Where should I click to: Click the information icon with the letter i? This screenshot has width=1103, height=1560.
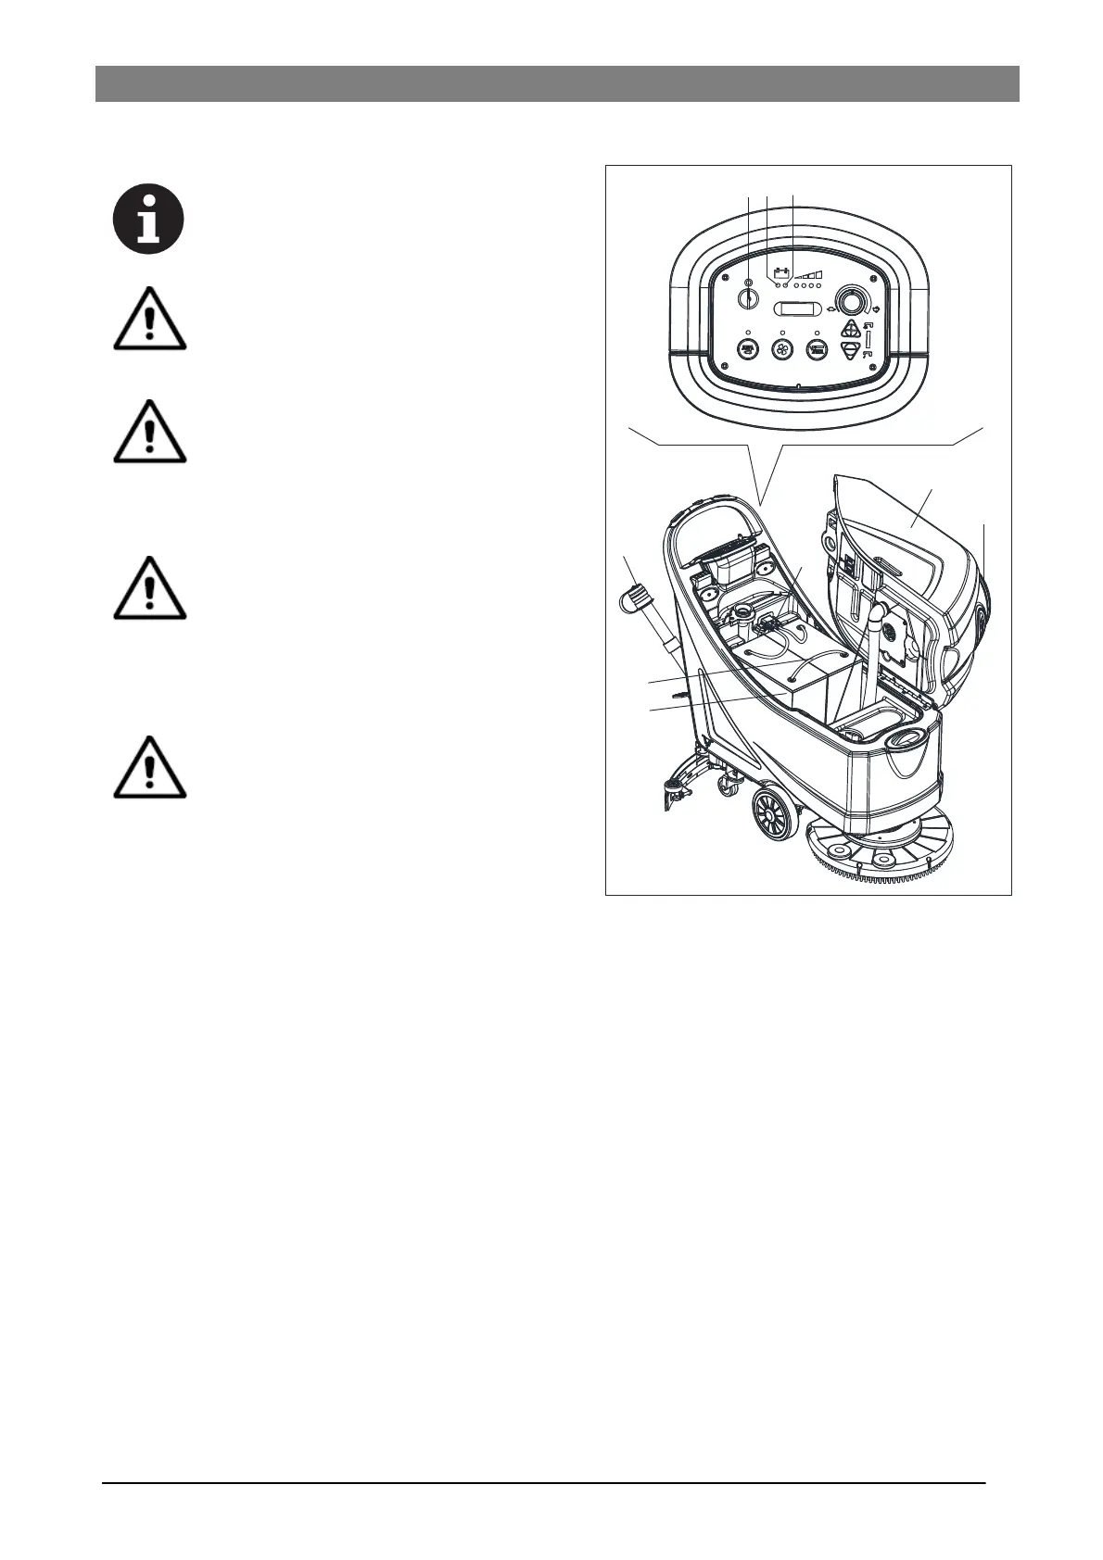coord(148,220)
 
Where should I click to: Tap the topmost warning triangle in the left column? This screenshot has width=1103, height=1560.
coord(149,320)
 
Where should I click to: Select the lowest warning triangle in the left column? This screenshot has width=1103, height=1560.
coord(149,768)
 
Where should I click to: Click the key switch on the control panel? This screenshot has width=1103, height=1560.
coord(748,298)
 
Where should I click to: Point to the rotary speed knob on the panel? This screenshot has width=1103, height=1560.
coord(849,300)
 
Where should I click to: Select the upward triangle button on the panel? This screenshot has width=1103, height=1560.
coord(850,331)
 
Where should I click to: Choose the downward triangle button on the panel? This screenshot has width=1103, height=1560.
coord(850,351)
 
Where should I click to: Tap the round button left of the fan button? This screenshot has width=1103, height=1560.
coord(747,350)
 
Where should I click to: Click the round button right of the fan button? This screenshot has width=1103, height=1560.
coord(817,350)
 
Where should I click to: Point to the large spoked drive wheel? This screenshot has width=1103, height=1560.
coord(773,816)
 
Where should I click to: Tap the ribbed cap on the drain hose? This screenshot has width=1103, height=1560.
coord(633,595)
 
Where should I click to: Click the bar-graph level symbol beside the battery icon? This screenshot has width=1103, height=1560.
coord(811,274)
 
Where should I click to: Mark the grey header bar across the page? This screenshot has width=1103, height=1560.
coord(557,83)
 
